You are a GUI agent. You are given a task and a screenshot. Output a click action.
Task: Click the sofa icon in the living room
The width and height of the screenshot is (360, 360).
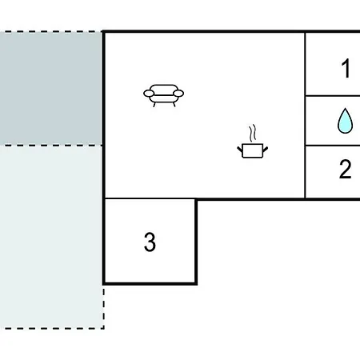[x=163, y=95]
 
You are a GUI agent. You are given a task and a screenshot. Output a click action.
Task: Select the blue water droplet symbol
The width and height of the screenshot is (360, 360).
[x=345, y=121]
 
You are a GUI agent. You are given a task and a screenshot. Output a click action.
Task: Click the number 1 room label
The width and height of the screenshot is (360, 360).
[x=346, y=69]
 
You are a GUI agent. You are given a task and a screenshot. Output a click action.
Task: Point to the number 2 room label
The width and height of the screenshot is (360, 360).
[x=345, y=169]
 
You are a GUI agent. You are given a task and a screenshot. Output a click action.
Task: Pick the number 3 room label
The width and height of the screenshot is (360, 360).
[x=150, y=242]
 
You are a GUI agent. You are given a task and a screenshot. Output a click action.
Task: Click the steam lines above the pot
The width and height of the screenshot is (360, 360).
[x=253, y=133]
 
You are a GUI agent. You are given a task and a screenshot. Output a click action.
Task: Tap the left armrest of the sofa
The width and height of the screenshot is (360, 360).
[x=149, y=94]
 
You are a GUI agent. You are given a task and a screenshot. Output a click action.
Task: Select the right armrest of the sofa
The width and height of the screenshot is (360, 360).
[x=178, y=94]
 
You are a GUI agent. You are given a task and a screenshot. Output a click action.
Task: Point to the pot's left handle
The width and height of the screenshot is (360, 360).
[x=240, y=150]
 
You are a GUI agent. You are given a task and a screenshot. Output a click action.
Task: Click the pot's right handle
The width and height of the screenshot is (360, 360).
[x=266, y=150]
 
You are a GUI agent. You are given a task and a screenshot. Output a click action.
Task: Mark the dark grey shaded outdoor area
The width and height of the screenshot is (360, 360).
[x=50, y=89]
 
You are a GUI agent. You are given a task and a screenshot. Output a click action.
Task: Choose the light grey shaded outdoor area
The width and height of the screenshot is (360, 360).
[x=50, y=237]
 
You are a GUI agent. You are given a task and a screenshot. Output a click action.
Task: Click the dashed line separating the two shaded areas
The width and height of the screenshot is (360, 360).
[x=51, y=146]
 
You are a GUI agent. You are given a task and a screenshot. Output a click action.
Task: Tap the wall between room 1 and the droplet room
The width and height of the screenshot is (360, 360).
[x=333, y=95]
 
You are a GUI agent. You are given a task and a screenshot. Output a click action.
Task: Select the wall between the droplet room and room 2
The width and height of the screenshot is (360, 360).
[x=333, y=146]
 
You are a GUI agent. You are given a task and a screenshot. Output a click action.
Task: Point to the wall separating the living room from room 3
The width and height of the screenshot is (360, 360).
[x=150, y=198]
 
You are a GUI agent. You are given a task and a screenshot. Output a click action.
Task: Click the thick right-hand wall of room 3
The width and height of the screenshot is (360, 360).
[x=196, y=242]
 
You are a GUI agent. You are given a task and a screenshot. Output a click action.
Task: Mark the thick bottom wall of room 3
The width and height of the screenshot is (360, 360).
[x=150, y=283]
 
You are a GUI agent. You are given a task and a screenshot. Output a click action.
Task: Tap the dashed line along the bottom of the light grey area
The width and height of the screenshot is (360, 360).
[x=52, y=328]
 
